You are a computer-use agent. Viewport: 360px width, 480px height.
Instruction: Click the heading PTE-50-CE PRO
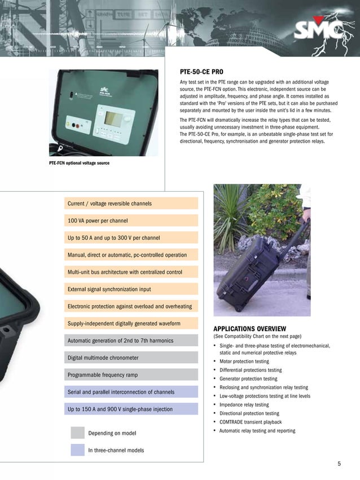coord(197,72)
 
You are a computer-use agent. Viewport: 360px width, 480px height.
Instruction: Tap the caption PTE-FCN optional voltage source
coord(79,164)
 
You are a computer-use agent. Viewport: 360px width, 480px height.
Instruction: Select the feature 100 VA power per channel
coord(132,221)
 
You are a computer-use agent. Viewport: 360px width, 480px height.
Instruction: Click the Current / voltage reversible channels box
coord(132,203)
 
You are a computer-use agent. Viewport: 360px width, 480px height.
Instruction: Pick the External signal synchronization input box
coord(132,289)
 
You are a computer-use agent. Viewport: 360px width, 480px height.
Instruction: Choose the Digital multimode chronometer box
coord(132,358)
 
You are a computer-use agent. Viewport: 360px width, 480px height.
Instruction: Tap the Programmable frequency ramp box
coord(132,375)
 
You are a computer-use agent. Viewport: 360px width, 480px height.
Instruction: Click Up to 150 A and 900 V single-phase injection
coord(132,409)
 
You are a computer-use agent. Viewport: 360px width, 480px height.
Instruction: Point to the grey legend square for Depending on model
coord(77,433)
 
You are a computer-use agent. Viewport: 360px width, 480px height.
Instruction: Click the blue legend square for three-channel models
coord(77,450)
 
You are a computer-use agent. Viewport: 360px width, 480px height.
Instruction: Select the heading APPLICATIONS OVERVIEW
coord(249,329)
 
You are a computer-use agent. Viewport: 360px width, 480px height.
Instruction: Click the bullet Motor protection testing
coord(244,362)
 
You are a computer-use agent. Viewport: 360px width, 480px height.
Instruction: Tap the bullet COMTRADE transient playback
coord(250,422)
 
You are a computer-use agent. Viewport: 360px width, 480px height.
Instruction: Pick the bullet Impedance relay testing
coord(244,405)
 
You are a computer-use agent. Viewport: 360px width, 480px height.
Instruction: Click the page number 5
coord(339,464)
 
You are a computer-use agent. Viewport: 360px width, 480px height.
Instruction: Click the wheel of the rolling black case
coord(239,309)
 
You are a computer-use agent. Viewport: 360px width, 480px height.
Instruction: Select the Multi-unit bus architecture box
coord(132,272)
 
